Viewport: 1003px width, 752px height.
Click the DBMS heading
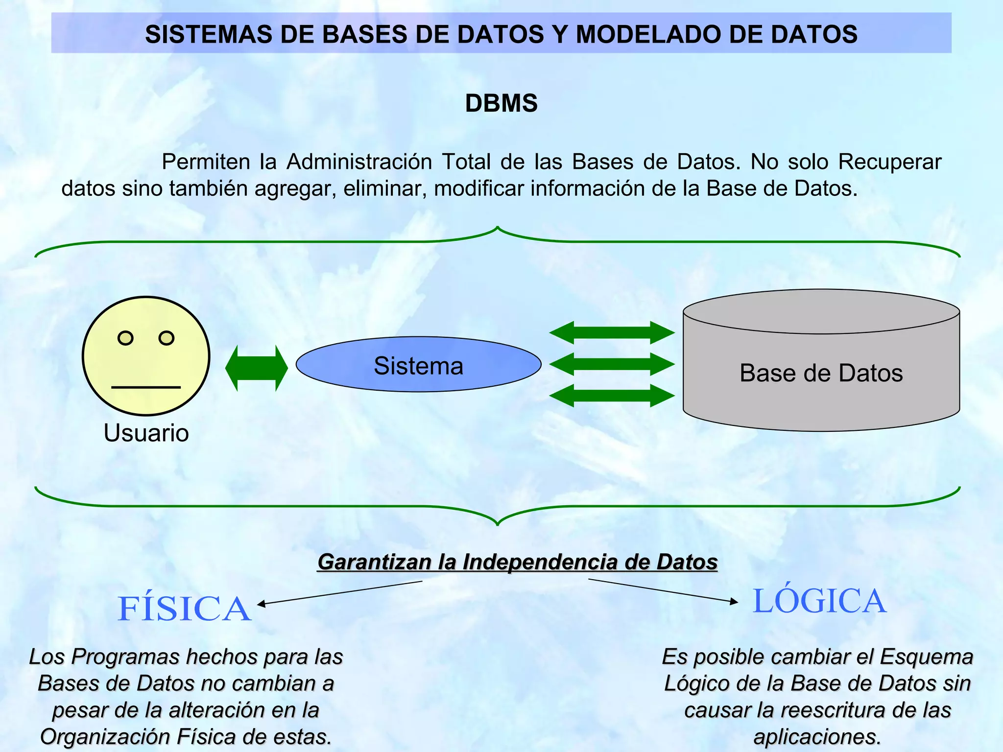tap(501, 103)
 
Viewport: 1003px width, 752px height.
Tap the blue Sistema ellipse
tap(418, 365)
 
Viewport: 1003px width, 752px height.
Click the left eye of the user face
tap(125, 338)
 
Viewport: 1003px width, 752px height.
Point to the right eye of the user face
tap(167, 338)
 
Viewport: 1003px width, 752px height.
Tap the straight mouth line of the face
tap(146, 387)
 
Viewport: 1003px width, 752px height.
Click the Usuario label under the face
tap(146, 433)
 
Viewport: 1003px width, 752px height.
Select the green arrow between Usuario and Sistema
tap(256, 368)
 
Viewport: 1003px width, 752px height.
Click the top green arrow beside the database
tap(612, 333)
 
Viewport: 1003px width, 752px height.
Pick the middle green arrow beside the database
tap(612, 364)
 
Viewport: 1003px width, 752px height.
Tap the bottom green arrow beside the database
tap(612, 396)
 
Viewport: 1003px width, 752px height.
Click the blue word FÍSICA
tap(184, 609)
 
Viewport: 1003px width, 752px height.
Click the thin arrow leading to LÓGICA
tap(664, 590)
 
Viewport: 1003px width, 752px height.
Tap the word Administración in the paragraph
tap(359, 162)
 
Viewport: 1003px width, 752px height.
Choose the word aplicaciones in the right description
tap(816, 737)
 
